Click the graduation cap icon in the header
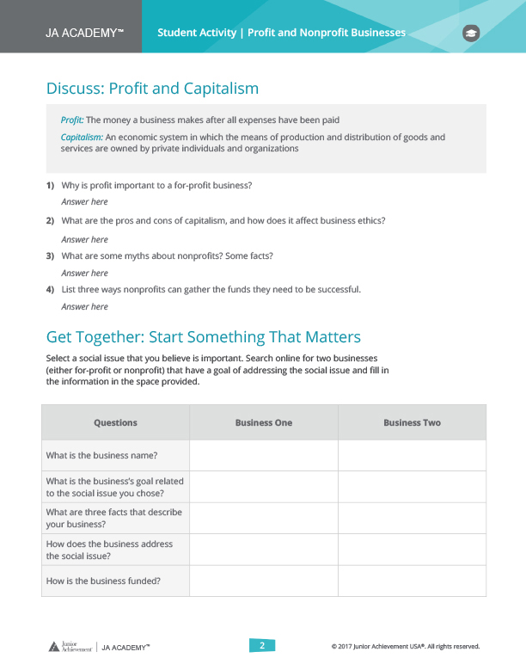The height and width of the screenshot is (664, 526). click(x=471, y=33)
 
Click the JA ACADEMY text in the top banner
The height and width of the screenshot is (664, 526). click(x=85, y=33)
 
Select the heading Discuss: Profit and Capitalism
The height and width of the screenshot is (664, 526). click(x=152, y=89)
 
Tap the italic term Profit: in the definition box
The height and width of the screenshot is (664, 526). click(x=72, y=120)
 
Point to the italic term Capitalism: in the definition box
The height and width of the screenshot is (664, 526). click(x=82, y=137)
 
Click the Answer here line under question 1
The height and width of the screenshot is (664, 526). click(x=84, y=202)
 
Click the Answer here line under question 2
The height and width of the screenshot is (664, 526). click(x=84, y=240)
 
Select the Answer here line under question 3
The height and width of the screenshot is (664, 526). click(x=84, y=274)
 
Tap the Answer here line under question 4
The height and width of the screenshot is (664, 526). click(x=84, y=307)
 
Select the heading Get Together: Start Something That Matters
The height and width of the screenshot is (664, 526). click(x=203, y=337)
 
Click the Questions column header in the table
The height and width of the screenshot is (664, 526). click(x=115, y=423)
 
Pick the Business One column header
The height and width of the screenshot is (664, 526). click(x=264, y=423)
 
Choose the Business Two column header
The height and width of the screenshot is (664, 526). click(x=412, y=423)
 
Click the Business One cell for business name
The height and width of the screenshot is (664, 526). click(x=264, y=456)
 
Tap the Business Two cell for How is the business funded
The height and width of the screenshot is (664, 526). click(x=412, y=581)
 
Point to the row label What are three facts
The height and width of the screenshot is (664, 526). click(x=114, y=518)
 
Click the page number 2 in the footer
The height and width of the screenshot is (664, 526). click(x=263, y=646)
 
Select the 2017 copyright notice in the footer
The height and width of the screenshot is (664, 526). click(x=405, y=647)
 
